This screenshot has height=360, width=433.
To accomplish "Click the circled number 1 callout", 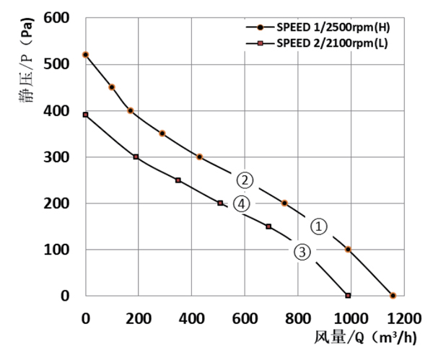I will pos(318,226).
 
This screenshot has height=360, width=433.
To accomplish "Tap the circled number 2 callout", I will pos(245,180).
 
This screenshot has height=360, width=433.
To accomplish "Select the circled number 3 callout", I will pos(302,251).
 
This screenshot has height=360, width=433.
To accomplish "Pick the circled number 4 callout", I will pos(242,205).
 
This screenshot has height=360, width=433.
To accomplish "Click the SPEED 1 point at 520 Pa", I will pos(86,55).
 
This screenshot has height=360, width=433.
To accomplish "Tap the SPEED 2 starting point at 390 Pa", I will pos(85,115).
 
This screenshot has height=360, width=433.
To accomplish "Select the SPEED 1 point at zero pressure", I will pos(393,296).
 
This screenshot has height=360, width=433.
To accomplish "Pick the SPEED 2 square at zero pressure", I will pos(348,296).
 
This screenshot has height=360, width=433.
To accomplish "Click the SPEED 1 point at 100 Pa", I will pos(348,250).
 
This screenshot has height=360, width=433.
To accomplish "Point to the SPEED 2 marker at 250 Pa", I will pos(178,180).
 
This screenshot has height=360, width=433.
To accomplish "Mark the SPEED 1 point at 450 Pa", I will pos(112,87).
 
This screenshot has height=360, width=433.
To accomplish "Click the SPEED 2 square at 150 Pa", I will pos(268,227).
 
